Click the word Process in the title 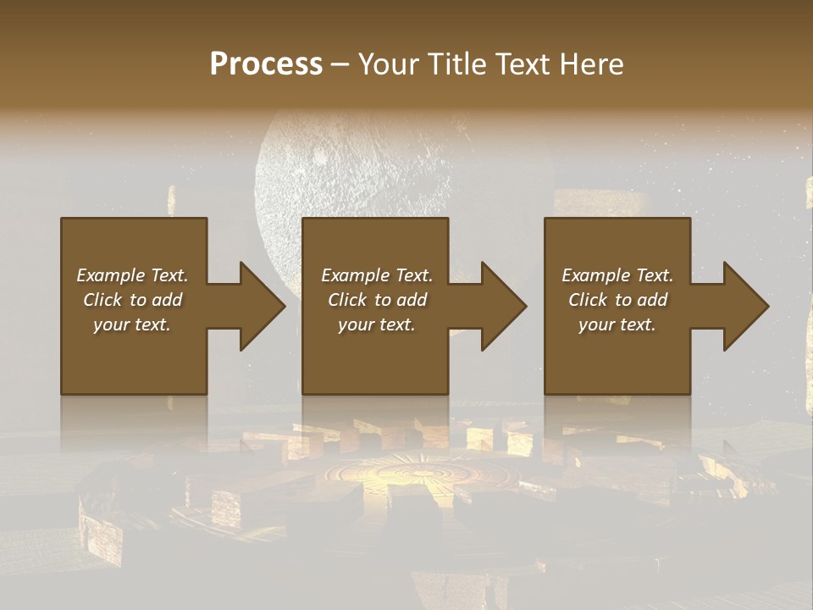pos(266,64)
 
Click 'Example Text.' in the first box pos(133,275)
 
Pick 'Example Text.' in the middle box pos(377,275)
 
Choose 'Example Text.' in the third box pos(617,275)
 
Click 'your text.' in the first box pos(132,324)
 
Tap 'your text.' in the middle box pos(376,324)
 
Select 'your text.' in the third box pos(617,324)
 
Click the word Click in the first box pos(102,300)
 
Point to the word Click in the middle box pos(346,300)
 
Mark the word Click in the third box pos(588,300)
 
